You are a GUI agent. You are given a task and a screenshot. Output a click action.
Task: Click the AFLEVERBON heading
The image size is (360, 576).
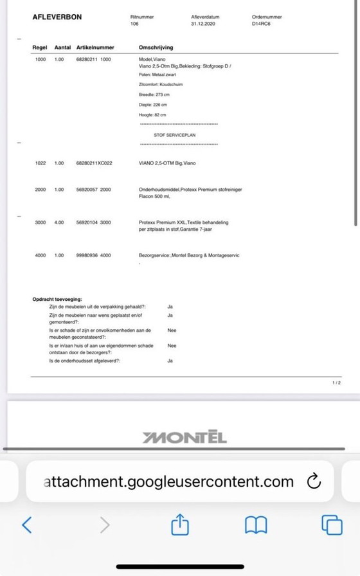click(x=57, y=17)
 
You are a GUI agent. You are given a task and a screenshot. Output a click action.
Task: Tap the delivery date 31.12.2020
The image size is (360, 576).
click(x=203, y=23)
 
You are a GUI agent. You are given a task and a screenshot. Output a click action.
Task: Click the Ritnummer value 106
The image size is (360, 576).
click(x=134, y=23)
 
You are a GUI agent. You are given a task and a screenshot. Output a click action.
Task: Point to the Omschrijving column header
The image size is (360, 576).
click(x=156, y=48)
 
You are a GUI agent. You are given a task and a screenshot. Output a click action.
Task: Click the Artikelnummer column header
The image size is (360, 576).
click(x=96, y=48)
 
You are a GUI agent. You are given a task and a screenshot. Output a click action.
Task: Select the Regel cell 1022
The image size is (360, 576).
click(x=40, y=163)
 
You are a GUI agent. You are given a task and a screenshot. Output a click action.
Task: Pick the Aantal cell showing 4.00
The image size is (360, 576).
click(x=59, y=222)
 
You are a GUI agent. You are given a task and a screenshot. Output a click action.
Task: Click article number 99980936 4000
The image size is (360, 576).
click(x=93, y=255)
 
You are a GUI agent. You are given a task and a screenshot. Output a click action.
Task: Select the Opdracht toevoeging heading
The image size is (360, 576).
click(x=57, y=300)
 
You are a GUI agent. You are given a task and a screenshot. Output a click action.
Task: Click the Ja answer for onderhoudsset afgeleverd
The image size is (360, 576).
click(x=170, y=361)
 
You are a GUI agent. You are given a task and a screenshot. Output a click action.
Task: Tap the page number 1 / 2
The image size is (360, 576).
click(x=336, y=382)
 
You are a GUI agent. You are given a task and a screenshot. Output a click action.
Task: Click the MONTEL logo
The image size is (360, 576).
click(x=184, y=438)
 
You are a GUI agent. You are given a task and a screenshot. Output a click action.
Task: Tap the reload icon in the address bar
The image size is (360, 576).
click(x=314, y=481)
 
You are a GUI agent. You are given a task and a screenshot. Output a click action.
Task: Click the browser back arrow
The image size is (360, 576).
click(x=26, y=525)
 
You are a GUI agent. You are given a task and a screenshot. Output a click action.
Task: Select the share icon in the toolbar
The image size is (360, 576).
click(x=179, y=525)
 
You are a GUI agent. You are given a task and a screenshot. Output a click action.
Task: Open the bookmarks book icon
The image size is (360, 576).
click(x=256, y=525)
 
